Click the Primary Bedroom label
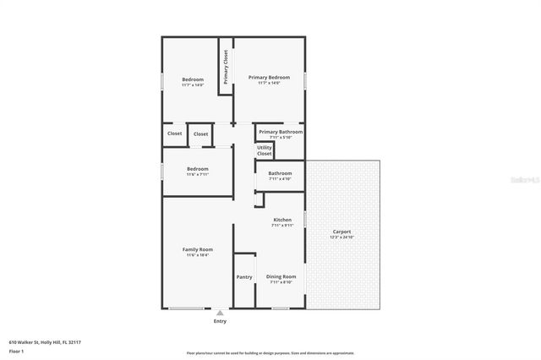point(269,77)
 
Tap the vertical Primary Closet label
point(226,66)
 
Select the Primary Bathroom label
point(280,132)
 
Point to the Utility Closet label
point(265,150)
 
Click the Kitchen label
point(281,220)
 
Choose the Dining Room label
point(281,276)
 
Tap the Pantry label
point(244,277)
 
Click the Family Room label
point(198,249)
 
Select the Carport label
point(342,232)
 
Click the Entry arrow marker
point(220,313)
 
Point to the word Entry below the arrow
point(220,321)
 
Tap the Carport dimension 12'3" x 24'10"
point(342,237)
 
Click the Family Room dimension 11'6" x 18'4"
point(198,255)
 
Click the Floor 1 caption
point(17,351)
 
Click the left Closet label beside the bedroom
point(174,134)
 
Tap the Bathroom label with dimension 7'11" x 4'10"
point(280,173)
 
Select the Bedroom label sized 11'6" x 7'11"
point(198,169)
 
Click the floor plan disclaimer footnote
point(270,353)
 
